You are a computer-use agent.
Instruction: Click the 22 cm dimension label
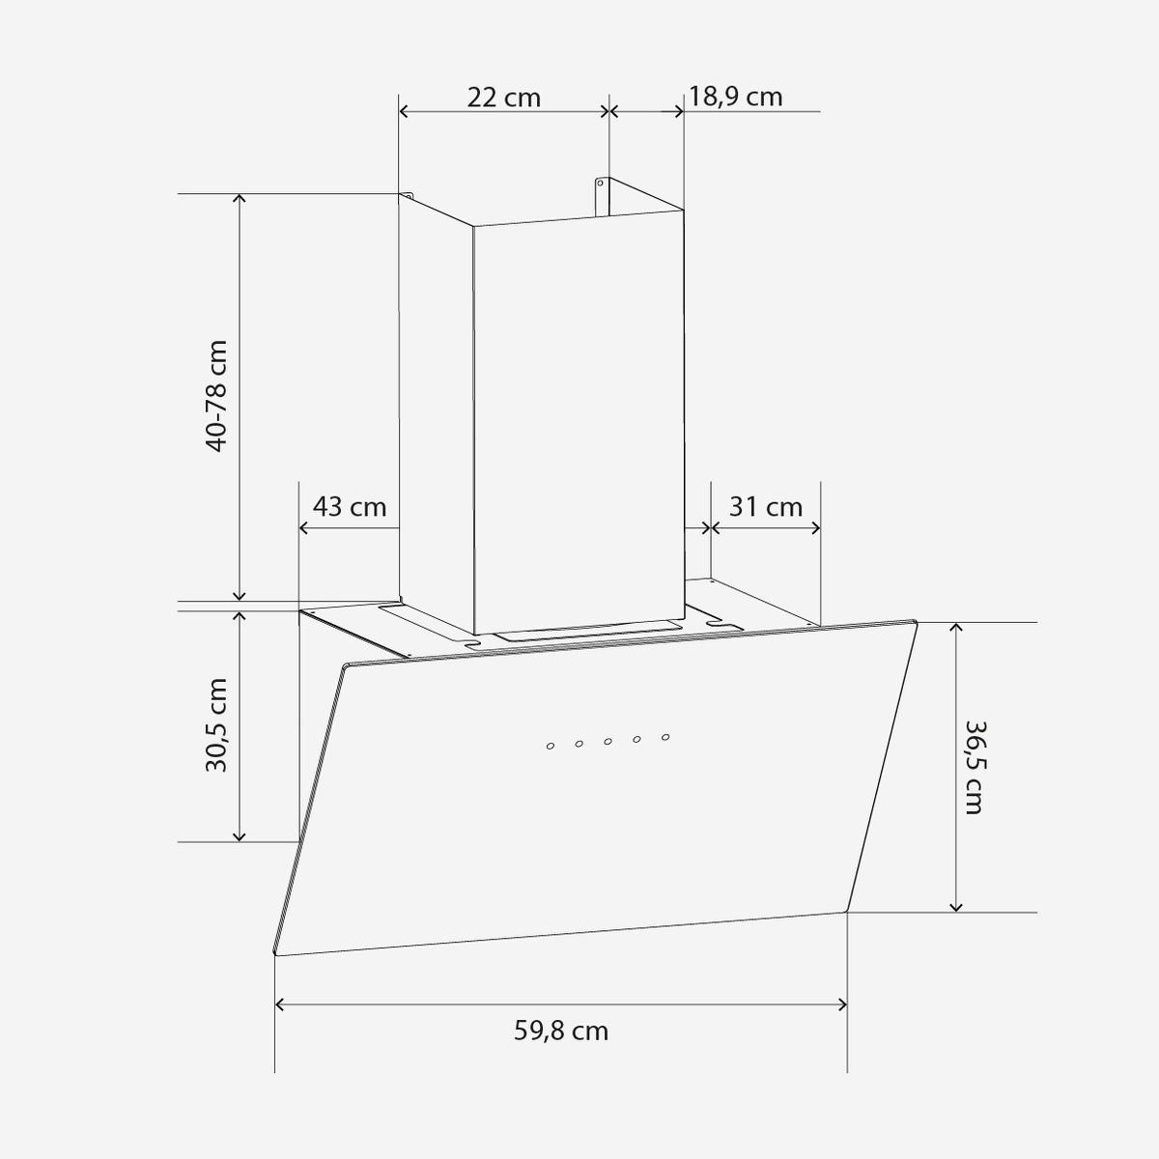coord(504,98)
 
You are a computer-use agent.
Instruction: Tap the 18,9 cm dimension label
coord(735,97)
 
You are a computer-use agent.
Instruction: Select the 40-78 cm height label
coord(216,396)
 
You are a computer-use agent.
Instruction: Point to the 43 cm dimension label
coord(350,507)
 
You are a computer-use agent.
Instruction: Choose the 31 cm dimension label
coord(766,507)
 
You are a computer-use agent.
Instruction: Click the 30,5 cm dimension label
coord(216,724)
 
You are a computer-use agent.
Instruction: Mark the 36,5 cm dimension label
coord(974,767)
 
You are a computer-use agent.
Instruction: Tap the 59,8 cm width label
coord(561,1031)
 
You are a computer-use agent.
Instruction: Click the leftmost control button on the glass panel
coord(551,747)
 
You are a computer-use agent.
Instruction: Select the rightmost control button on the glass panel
coord(665,737)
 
